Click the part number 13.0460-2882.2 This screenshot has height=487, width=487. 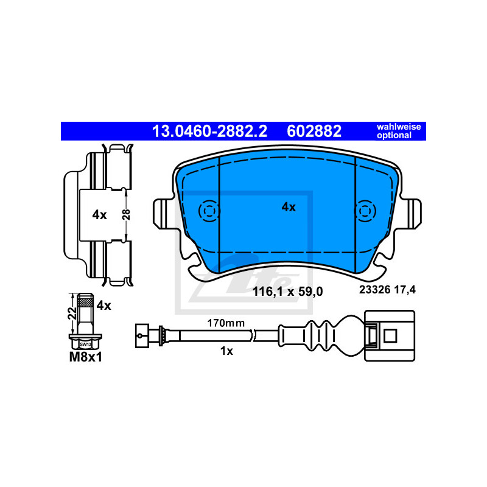pos(209,131)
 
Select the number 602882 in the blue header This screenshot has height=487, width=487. pos(314,131)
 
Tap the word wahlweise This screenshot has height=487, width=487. pos(399,127)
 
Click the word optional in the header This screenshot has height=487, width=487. pos(394,135)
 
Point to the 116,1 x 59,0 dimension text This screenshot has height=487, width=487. pos(287,292)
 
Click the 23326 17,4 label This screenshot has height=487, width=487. pos(387,290)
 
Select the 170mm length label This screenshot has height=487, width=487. pos(226,323)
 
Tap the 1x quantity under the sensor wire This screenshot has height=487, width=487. pos(226,351)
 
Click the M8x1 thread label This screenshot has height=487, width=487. pos(85,357)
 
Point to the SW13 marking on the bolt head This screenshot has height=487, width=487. pos(85,344)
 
